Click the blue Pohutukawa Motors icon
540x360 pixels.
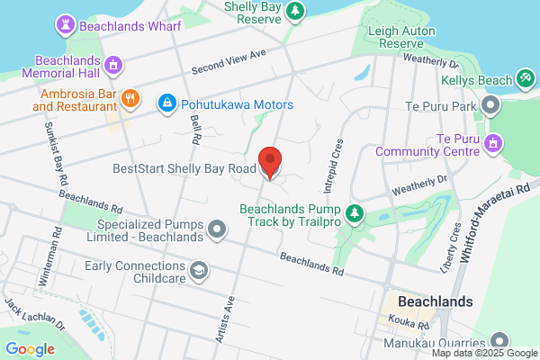(x=166, y=104)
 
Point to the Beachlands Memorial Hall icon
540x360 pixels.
(x=113, y=65)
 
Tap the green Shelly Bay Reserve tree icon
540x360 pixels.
(x=294, y=10)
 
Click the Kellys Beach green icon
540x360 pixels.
(x=526, y=79)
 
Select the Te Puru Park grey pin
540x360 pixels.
(x=491, y=107)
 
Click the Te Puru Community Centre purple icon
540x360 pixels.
(x=493, y=143)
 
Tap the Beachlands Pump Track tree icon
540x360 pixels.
(x=355, y=213)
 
